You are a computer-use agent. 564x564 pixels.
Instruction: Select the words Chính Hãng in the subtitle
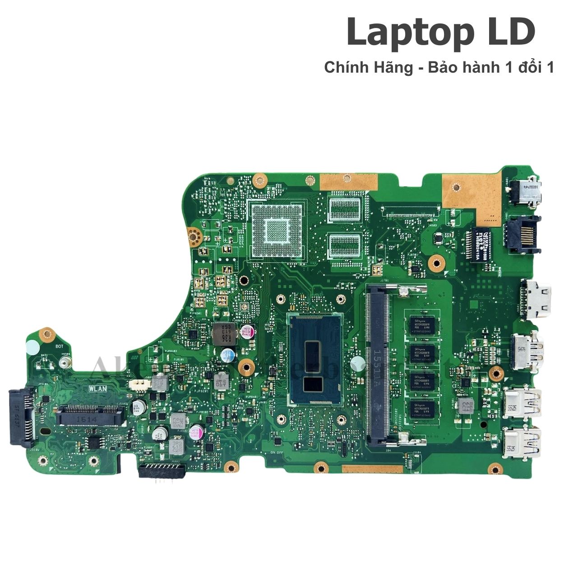368,68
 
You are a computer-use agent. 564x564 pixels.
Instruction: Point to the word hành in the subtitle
482,68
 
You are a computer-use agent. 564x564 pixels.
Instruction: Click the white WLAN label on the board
97,388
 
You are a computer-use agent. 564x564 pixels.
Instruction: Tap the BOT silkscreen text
59,346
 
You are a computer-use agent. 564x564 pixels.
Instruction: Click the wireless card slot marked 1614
90,415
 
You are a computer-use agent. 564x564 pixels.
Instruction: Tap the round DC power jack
526,192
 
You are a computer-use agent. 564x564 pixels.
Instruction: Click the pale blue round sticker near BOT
32,348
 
